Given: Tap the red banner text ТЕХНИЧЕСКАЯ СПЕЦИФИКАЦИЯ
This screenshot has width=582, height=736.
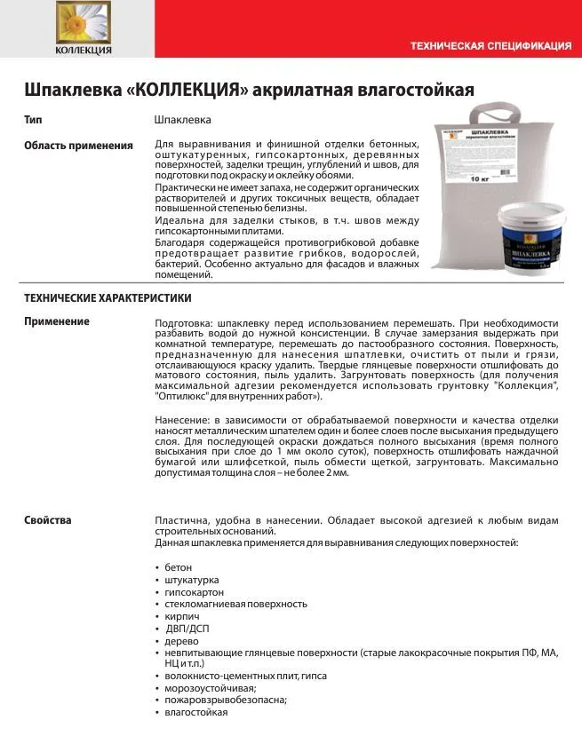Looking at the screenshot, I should click(490, 45).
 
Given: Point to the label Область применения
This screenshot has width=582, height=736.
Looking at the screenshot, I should click(78, 146).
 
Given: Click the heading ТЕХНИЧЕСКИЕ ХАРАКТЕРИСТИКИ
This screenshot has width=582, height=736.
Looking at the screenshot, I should click(108, 298).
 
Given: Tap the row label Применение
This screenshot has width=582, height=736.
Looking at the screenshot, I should click(57, 321).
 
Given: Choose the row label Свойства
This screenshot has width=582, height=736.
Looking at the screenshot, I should click(48, 520).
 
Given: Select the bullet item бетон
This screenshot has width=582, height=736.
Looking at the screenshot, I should click(178, 567).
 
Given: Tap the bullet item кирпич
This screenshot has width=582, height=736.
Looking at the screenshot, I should click(181, 616).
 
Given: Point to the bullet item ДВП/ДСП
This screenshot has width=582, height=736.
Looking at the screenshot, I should click(185, 629).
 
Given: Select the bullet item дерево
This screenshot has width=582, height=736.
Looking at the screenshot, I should click(180, 640).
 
